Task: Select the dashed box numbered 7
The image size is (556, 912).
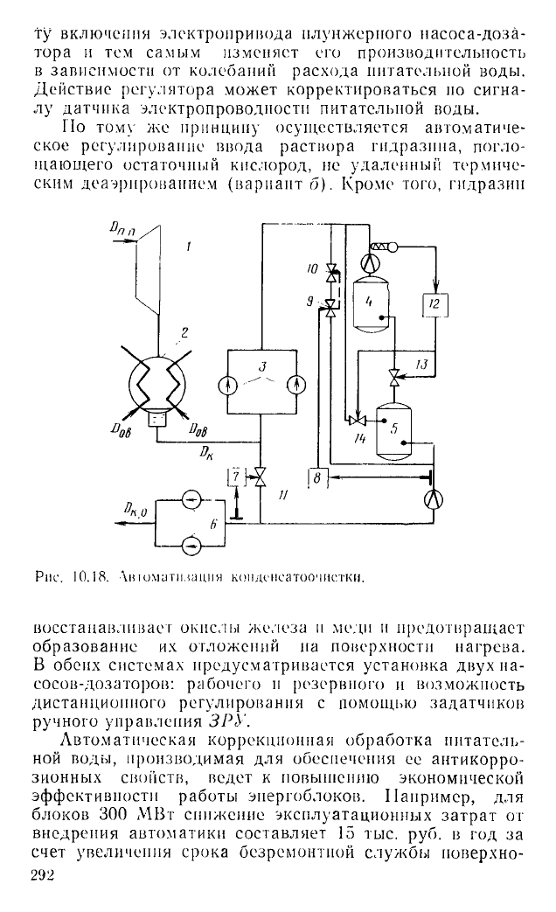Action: [x=235, y=478]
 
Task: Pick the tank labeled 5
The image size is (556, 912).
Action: [x=393, y=428]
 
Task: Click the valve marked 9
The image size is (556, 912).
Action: [x=331, y=303]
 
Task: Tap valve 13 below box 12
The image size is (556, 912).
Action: [x=394, y=379]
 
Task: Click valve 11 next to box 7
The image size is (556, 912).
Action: [x=260, y=478]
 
